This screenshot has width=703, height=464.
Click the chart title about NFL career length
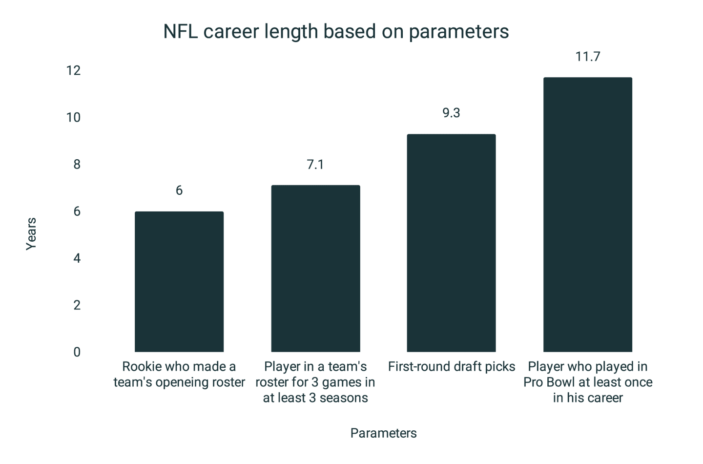click(x=336, y=32)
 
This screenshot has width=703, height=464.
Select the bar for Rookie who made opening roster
click(x=179, y=281)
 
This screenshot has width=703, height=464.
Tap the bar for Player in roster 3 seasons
click(x=315, y=268)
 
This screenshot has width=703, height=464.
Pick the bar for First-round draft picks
click(x=451, y=243)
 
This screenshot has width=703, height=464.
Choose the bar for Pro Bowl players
click(x=587, y=214)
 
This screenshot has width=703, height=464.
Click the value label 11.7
click(x=587, y=57)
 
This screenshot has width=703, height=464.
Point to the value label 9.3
click(x=451, y=113)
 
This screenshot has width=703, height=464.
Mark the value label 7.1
click(x=315, y=165)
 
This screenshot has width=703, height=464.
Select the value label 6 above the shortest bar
click(x=179, y=190)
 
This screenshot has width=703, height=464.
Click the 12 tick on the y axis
click(x=73, y=71)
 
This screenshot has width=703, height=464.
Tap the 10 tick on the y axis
click(x=73, y=118)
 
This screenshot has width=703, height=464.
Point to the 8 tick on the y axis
click(x=77, y=165)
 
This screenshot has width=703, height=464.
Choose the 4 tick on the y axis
click(x=77, y=258)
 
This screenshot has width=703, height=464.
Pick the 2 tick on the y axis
click(x=77, y=305)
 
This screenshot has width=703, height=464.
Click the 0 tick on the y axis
click(x=77, y=352)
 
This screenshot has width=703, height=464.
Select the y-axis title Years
click(x=31, y=234)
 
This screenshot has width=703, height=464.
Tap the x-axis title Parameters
click(x=383, y=433)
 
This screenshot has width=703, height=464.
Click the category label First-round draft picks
click(x=451, y=367)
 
